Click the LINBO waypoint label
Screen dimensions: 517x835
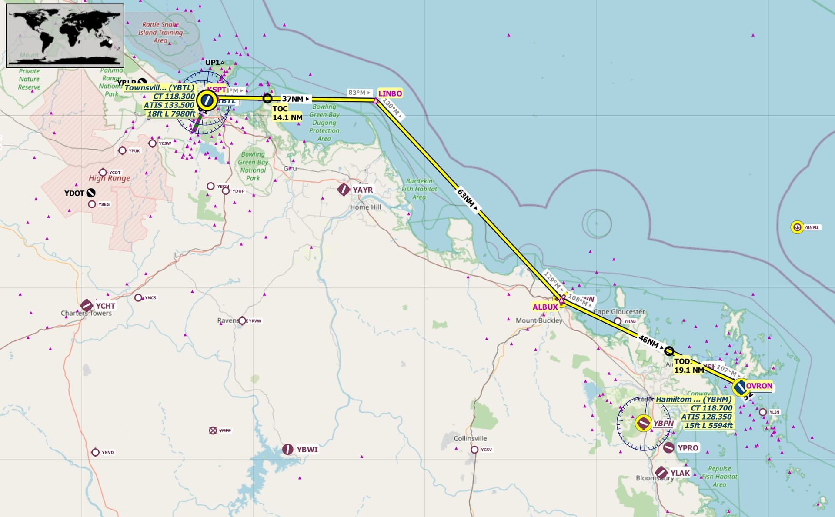[x=390, y=93]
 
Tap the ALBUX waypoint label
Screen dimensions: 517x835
[x=545, y=307]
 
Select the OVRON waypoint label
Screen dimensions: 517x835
[x=759, y=386]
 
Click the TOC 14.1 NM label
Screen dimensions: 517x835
[x=287, y=113]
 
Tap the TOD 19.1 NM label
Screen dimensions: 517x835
[x=688, y=366]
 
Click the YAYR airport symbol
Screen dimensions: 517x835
[x=344, y=190]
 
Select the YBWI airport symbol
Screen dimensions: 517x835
[x=287, y=449]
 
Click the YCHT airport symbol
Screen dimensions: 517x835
[x=87, y=305]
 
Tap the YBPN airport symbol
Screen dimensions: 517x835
[x=643, y=423]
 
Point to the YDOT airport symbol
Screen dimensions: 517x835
[x=91, y=193]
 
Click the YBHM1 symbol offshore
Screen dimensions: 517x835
[x=797, y=227]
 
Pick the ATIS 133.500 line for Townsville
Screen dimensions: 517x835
[x=169, y=105]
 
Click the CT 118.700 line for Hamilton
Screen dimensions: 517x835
[x=711, y=408]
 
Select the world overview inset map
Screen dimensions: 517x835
[x=65, y=36]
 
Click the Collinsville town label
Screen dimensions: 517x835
[x=470, y=438]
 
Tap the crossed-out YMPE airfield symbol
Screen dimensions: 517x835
[x=213, y=430]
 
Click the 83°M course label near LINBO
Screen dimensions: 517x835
[x=359, y=93]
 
